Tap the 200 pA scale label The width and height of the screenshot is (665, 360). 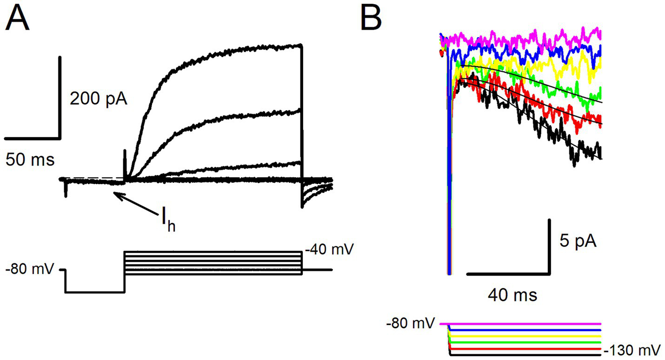coord(98,99)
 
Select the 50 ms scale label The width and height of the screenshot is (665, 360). coord(30,160)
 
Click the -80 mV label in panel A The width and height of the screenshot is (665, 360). coord(29,270)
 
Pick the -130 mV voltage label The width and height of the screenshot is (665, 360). coord(632,350)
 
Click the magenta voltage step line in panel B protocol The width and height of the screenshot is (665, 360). coord(521,324)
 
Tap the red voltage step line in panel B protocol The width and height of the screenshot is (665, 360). coord(525,349)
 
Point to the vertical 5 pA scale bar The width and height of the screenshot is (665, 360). coord(550,246)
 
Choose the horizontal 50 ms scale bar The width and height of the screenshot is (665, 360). coord(33,138)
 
